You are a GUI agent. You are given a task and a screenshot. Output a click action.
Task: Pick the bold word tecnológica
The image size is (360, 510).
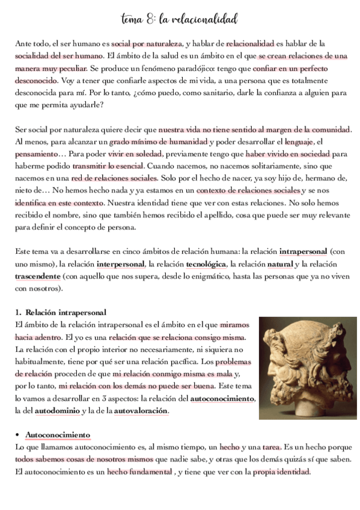pos(206,264)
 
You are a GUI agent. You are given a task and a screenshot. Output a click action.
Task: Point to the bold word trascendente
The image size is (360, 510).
pos(37,276)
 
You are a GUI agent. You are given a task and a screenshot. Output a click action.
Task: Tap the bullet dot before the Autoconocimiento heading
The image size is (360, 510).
pos(18,435)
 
